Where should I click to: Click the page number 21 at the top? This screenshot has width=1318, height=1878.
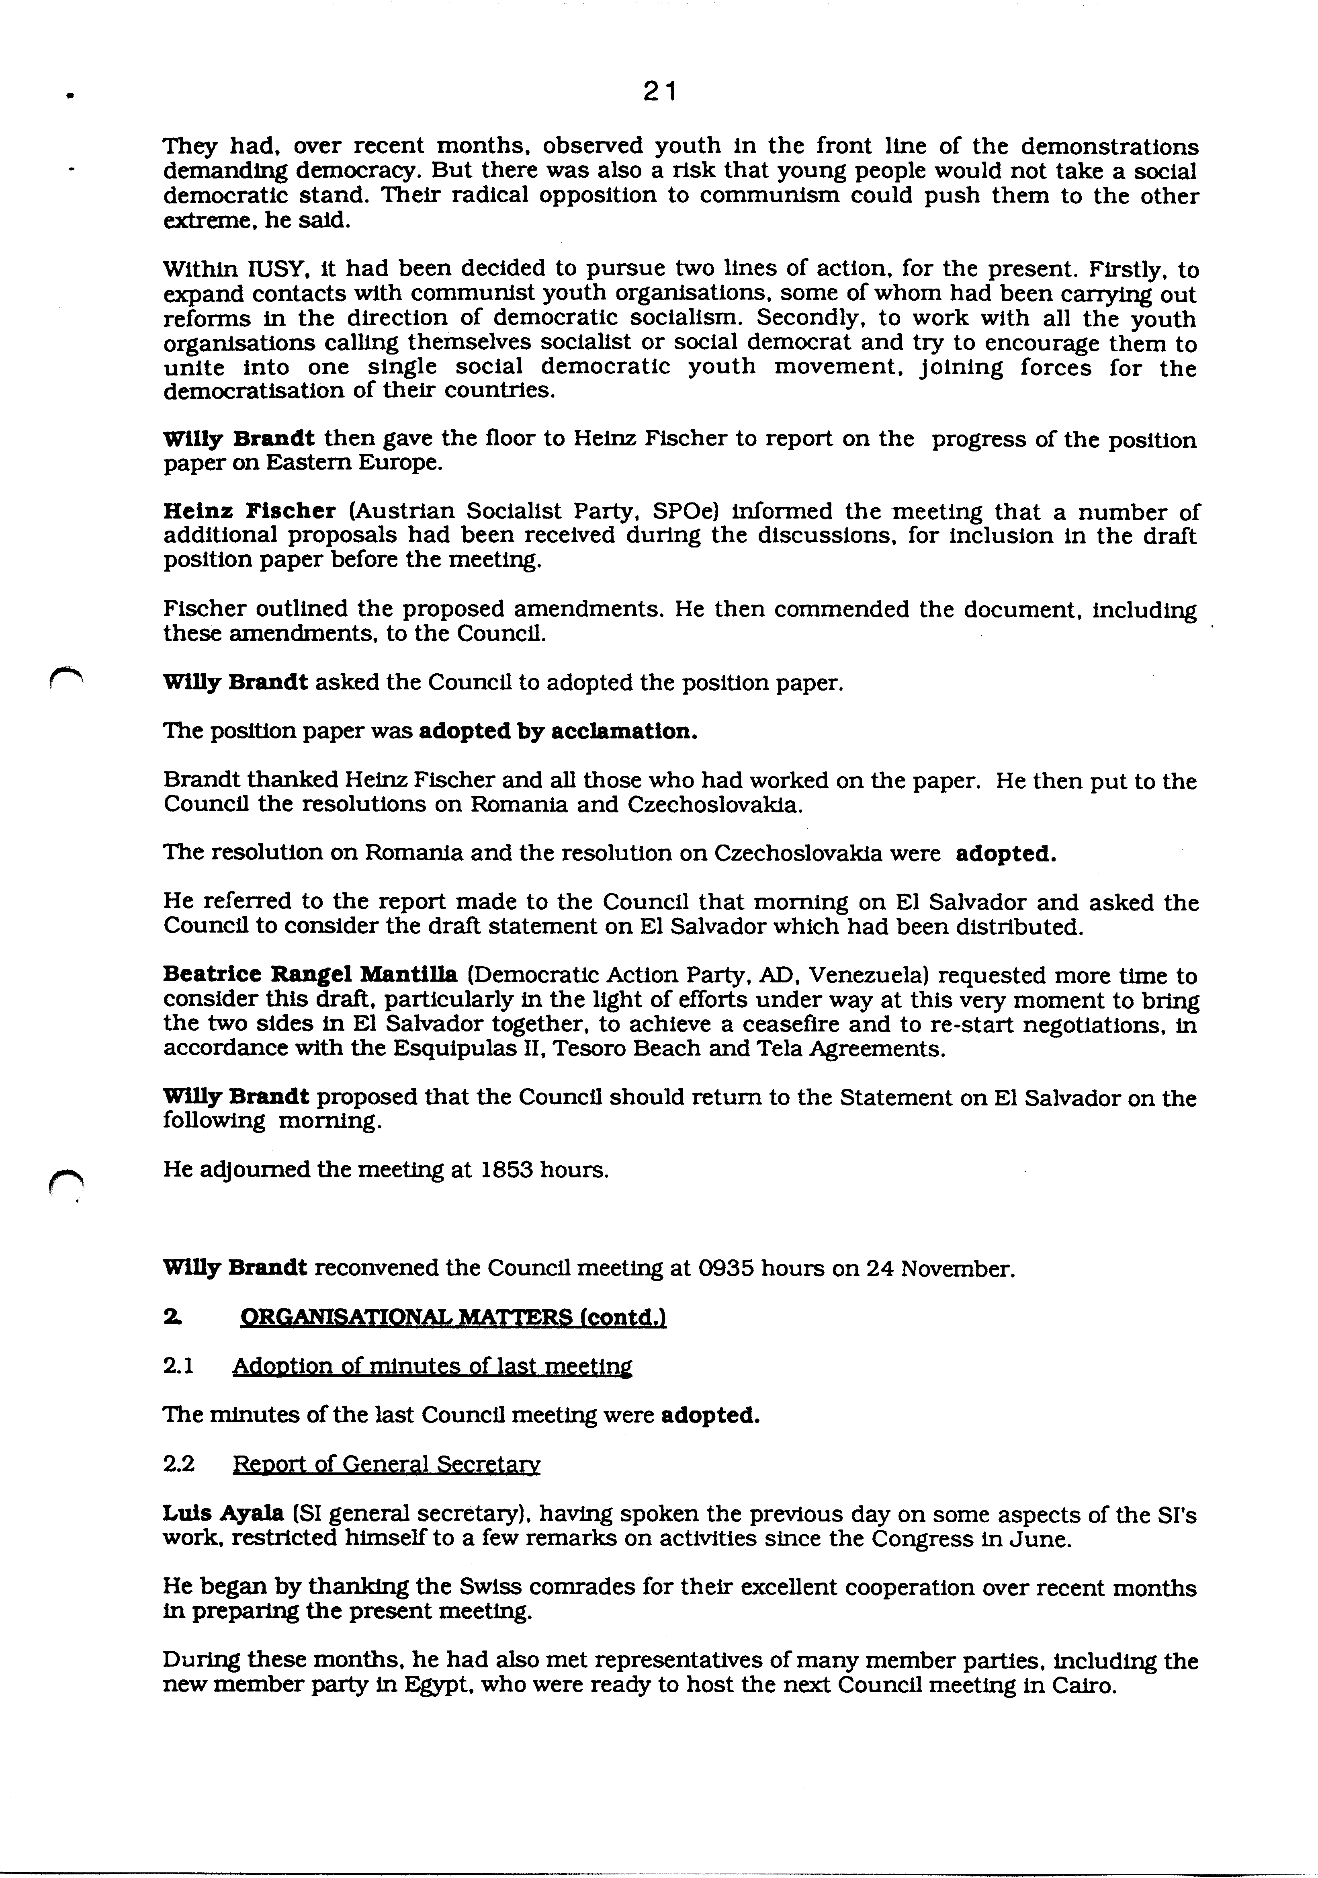(x=659, y=92)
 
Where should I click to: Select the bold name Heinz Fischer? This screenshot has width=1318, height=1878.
(x=250, y=511)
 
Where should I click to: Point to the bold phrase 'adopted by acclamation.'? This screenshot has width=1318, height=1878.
(x=558, y=731)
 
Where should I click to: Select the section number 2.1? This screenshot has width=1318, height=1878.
(x=178, y=1366)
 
